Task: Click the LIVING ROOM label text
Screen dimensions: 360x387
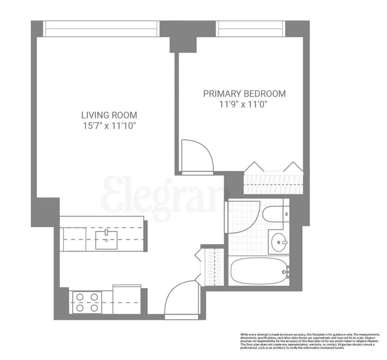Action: point(109,115)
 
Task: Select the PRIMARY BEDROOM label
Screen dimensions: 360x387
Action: point(244,94)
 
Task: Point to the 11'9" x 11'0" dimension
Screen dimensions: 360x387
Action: point(244,105)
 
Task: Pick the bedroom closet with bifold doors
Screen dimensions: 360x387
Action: point(273,183)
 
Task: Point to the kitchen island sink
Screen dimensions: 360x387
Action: point(106,239)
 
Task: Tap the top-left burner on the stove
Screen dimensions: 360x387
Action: point(80,297)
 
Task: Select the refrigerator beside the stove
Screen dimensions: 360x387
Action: point(127,300)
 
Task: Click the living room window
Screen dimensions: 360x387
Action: point(101,29)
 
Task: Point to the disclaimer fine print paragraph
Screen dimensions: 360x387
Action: point(307,341)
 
